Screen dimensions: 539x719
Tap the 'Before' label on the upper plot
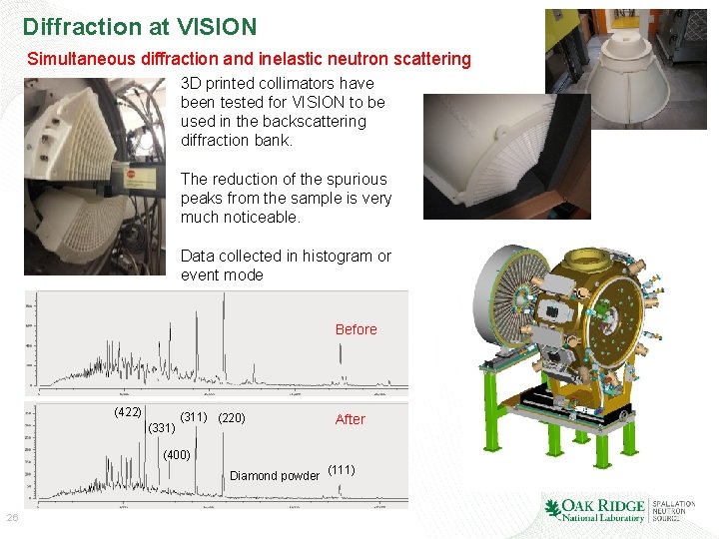pyautogui.click(x=356, y=329)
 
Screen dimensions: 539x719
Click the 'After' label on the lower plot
pyautogui.click(x=350, y=419)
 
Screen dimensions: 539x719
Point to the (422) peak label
pyautogui.click(x=127, y=412)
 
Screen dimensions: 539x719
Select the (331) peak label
pyautogui.click(x=161, y=428)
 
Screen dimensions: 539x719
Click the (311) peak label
pyautogui.click(x=193, y=417)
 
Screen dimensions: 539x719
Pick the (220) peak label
pyautogui.click(x=231, y=417)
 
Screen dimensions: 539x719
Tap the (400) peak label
pyautogui.click(x=177, y=454)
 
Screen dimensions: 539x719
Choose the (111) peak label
pyautogui.click(x=342, y=469)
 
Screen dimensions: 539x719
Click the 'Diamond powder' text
pyautogui.click(x=273, y=475)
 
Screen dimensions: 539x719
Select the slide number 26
pyautogui.click(x=13, y=517)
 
